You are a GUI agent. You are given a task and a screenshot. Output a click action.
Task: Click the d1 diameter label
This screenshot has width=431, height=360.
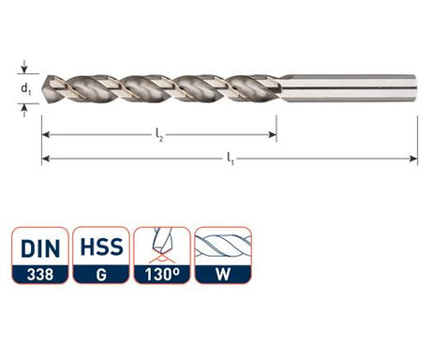25,89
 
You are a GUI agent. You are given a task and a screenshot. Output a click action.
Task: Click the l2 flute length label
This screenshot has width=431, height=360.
159,136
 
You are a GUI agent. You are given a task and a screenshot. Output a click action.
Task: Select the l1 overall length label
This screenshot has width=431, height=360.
230,159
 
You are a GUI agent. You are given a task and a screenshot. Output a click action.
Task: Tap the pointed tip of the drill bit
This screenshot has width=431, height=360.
46,89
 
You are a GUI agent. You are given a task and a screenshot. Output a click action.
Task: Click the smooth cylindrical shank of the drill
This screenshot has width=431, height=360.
348,88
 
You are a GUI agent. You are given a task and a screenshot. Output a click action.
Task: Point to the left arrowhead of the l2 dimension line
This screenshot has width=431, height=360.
46,135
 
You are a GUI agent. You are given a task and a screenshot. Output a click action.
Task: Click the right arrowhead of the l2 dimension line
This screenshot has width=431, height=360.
273,135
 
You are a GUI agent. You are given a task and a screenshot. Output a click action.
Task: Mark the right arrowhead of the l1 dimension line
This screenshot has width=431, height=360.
413,158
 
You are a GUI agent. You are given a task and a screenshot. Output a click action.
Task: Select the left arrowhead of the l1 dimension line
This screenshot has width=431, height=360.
46,158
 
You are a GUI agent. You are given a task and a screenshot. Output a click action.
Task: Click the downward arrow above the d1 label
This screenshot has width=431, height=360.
24,67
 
